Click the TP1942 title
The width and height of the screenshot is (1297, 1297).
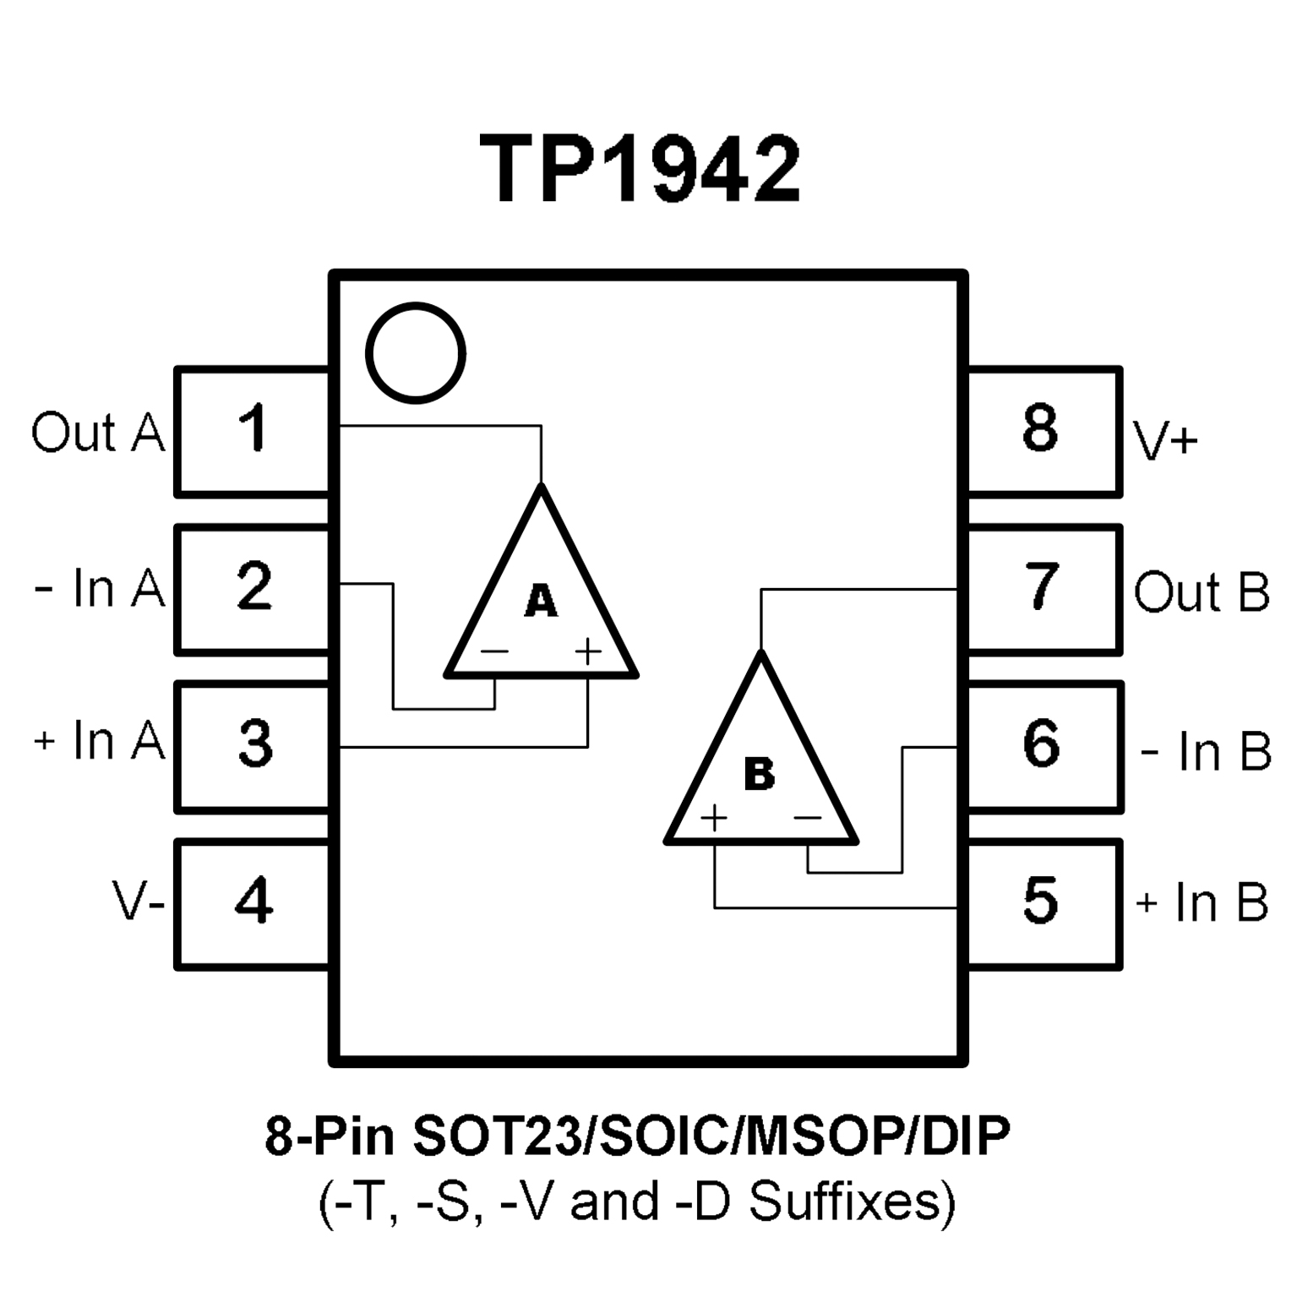coord(640,170)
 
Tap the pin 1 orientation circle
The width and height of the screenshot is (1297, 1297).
coord(416,353)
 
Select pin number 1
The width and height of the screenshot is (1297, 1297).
coord(253,428)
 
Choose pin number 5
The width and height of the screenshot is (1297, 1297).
coord(1040,901)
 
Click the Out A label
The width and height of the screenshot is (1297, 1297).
coord(98,433)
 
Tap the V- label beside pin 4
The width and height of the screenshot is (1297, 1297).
coord(138,902)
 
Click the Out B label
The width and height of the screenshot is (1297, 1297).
coord(1202,592)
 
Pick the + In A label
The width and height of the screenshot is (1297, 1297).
coord(100,740)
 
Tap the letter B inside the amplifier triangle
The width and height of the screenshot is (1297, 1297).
coord(760,774)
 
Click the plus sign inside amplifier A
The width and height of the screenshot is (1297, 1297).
coord(587,651)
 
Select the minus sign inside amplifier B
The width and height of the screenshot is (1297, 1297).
coord(808,818)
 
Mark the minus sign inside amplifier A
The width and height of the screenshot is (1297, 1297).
coord(494,651)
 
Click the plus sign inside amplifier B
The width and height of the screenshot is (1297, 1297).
coord(714,818)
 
